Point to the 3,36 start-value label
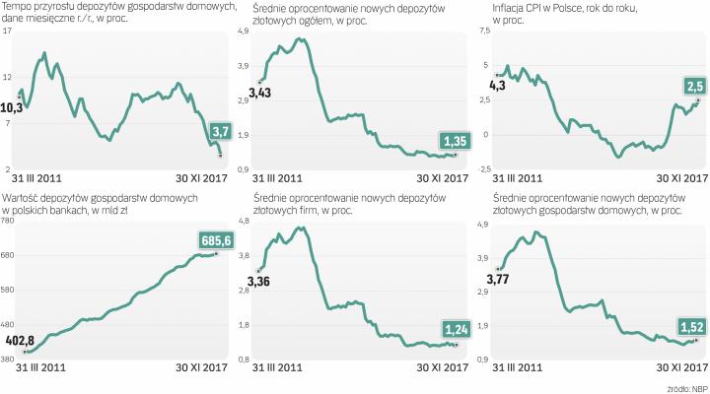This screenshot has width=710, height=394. pos(259,283)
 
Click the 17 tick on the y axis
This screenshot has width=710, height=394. pos(8,32)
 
